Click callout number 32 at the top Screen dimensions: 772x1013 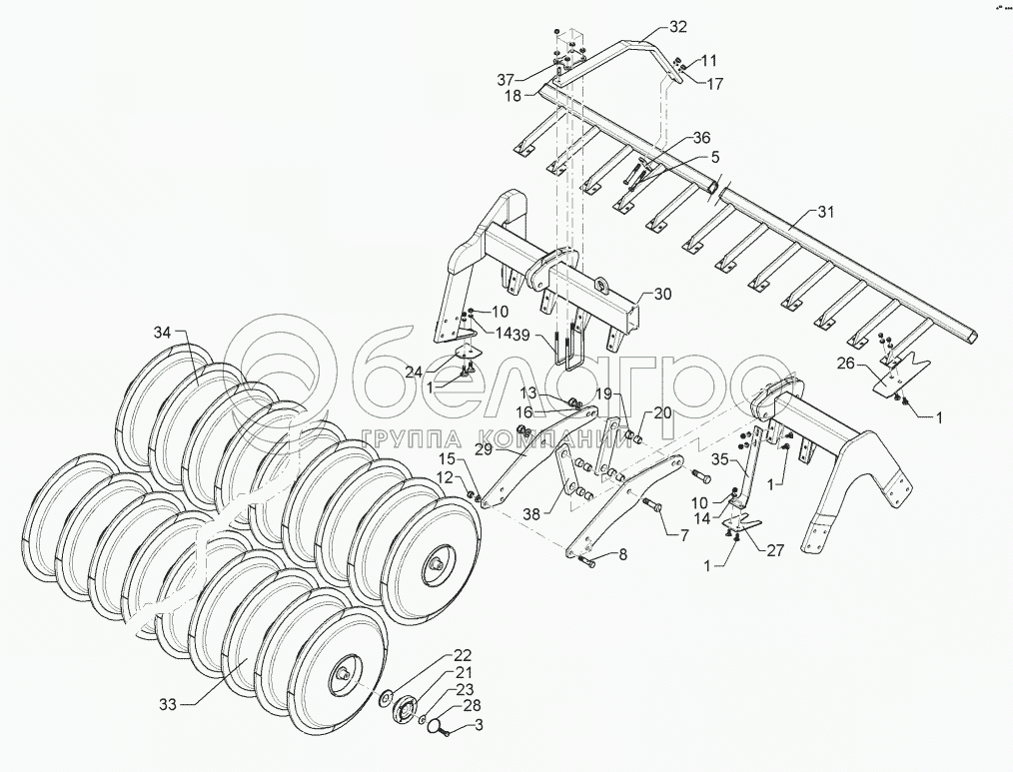(678, 26)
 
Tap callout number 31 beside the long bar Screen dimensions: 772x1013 (824, 212)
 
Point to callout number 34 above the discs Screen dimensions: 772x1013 (163, 332)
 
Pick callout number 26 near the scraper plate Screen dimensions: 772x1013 (845, 364)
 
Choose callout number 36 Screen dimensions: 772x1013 (702, 138)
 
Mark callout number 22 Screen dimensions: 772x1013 (462, 655)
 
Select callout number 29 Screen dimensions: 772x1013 (484, 450)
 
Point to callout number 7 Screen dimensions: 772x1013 (683, 536)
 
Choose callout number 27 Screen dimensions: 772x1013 (774, 548)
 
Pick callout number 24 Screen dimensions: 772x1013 (414, 373)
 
